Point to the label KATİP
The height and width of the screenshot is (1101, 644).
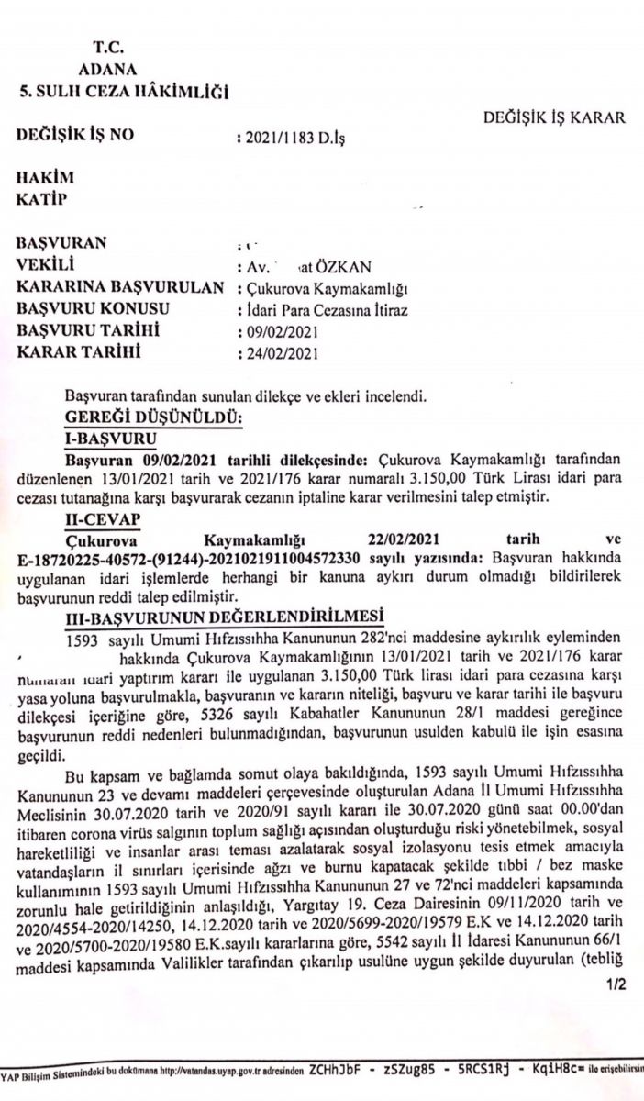click(44, 197)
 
